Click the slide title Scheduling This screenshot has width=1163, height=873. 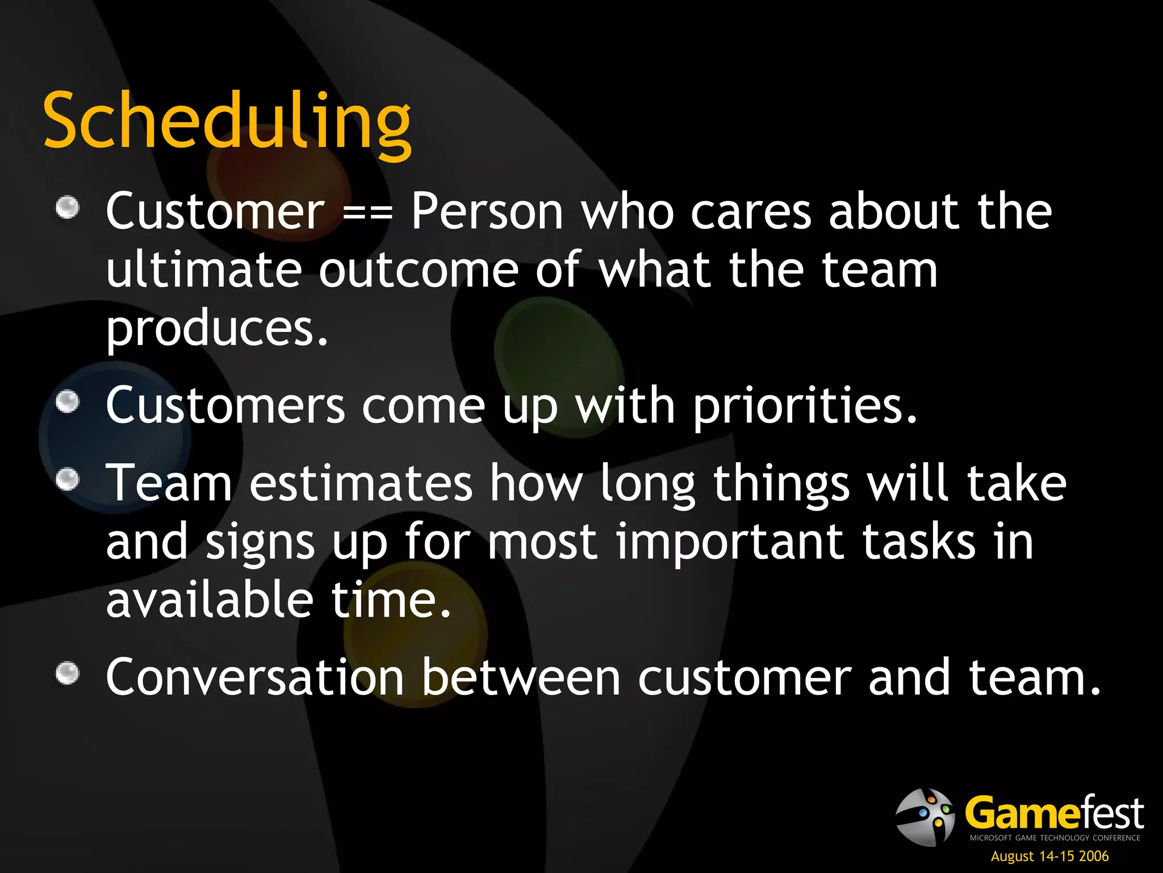(x=227, y=121)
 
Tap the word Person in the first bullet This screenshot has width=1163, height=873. (x=487, y=211)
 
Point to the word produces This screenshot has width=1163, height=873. (x=217, y=330)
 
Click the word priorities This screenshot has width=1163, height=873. (x=805, y=406)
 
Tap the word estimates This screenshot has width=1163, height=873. (x=361, y=483)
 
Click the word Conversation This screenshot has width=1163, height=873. (x=255, y=677)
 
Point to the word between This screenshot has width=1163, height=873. (x=521, y=677)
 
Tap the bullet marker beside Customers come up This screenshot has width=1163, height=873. (x=68, y=402)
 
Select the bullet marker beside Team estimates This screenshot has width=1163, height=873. (x=68, y=479)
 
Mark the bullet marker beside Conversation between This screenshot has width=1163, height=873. (x=68, y=674)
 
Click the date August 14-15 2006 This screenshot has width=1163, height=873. (x=1049, y=856)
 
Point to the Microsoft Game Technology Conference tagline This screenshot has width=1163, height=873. (x=1055, y=838)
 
